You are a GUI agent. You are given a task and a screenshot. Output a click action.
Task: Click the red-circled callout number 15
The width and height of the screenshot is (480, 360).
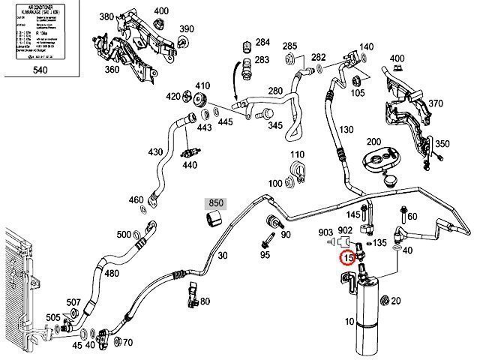click(346, 259)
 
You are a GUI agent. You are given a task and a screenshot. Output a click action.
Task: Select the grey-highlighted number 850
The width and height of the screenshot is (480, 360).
click(216, 203)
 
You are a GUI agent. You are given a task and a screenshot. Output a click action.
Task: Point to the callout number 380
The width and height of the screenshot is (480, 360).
click(106, 16)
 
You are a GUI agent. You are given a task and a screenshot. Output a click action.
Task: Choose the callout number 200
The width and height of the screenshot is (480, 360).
click(373, 142)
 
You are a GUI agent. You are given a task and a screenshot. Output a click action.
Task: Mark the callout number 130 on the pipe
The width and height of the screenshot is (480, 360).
click(345, 130)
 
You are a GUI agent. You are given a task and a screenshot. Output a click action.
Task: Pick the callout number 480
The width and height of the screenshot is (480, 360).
click(112, 273)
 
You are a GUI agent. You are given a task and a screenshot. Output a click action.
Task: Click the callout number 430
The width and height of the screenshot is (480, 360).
click(155, 152)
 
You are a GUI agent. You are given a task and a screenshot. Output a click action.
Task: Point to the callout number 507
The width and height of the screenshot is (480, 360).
click(73, 302)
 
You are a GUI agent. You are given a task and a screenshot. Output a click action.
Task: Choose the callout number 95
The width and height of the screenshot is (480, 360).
click(265, 256)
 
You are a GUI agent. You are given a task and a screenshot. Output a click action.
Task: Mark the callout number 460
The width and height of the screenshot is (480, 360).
click(136, 200)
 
